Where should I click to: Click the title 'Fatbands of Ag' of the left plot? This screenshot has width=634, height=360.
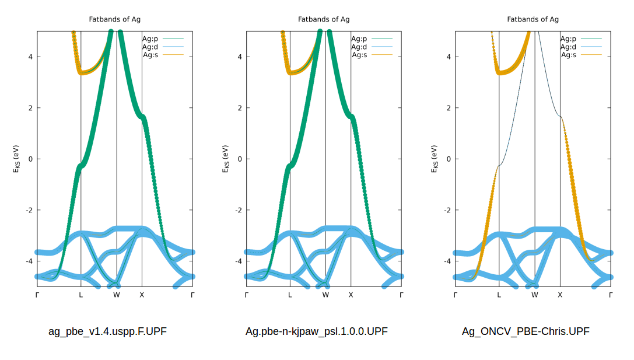point(114,19)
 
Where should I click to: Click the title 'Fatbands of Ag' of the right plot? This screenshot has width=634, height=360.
point(533,19)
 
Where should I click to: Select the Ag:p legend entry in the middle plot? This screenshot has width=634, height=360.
point(359,39)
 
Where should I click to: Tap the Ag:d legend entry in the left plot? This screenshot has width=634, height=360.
point(150,47)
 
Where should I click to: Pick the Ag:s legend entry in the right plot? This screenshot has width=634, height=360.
point(569,55)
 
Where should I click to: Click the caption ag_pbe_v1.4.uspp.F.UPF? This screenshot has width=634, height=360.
point(107,331)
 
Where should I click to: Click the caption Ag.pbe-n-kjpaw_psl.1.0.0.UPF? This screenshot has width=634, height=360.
point(316,331)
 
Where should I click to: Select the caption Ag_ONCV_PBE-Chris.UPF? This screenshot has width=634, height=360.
point(526,331)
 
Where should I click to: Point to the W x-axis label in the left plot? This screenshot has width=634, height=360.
point(117,295)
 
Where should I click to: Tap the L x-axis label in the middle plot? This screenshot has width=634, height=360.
point(290,295)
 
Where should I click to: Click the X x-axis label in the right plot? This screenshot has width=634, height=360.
point(560,295)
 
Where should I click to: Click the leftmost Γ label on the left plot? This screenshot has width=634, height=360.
point(37,295)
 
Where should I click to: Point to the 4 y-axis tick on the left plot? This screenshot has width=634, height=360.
point(30,57)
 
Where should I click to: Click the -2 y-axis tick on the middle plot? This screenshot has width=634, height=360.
point(238,210)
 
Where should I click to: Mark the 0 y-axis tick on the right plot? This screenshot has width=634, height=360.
point(449,159)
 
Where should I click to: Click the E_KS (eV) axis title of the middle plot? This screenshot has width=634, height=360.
point(227,159)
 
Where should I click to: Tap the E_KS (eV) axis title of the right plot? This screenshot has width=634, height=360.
point(436,159)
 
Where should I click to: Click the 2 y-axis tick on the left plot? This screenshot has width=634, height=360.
point(30,108)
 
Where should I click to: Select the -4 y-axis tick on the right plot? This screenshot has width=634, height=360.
point(447,261)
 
